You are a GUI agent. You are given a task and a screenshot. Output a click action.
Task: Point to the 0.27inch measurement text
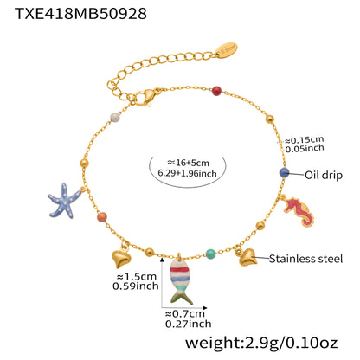coord(185,325)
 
